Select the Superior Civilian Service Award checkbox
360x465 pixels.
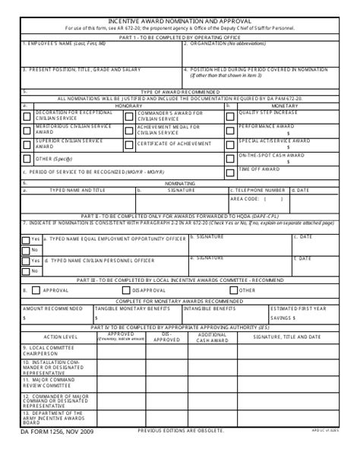pos(27,144)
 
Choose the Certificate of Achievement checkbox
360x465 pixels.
pos(129,144)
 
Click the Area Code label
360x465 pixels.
pos(246,198)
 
